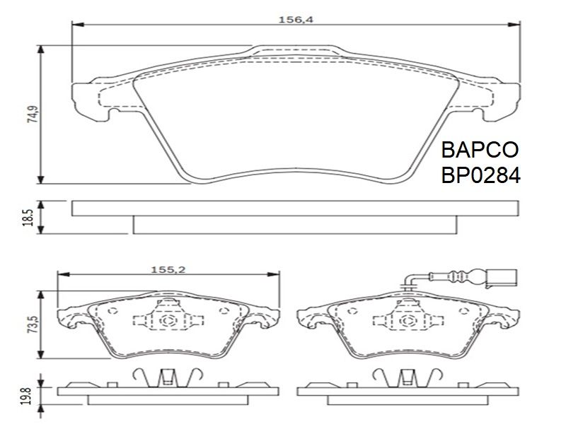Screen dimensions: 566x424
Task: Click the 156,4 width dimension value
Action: click(296, 20)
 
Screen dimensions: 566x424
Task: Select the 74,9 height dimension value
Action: click(33, 114)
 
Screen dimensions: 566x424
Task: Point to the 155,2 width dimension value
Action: click(168, 269)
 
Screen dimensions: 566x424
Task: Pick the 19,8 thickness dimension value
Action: click(25, 396)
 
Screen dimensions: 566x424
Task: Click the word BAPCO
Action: click(480, 150)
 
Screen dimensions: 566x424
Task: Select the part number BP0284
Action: click(481, 175)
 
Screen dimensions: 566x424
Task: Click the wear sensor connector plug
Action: click(502, 278)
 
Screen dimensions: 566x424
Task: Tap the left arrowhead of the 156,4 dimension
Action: click(78, 25)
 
